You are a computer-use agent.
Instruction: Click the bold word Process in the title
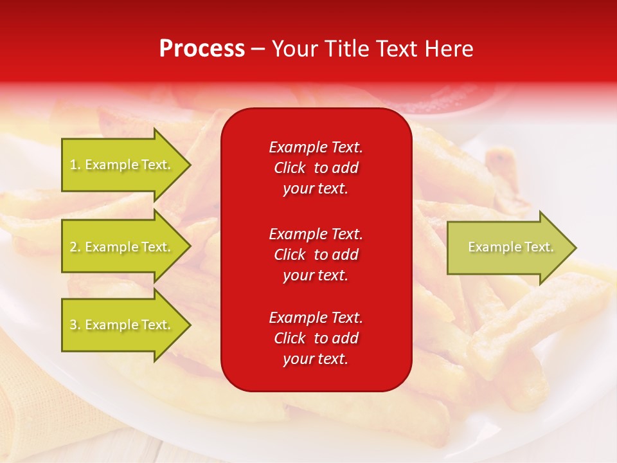(202, 49)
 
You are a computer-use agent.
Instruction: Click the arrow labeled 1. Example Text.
(122, 165)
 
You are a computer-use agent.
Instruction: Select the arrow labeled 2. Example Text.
(122, 247)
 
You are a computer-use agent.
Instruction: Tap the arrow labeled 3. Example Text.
(122, 325)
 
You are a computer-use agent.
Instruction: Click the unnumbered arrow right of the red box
(508, 247)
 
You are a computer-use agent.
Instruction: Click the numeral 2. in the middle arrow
(75, 247)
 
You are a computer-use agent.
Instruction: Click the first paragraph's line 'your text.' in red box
(316, 189)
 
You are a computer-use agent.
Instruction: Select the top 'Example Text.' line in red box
(316, 147)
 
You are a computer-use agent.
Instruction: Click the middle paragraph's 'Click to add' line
(316, 255)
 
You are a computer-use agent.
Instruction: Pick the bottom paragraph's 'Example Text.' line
(316, 317)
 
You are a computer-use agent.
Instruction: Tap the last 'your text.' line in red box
(316, 359)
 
